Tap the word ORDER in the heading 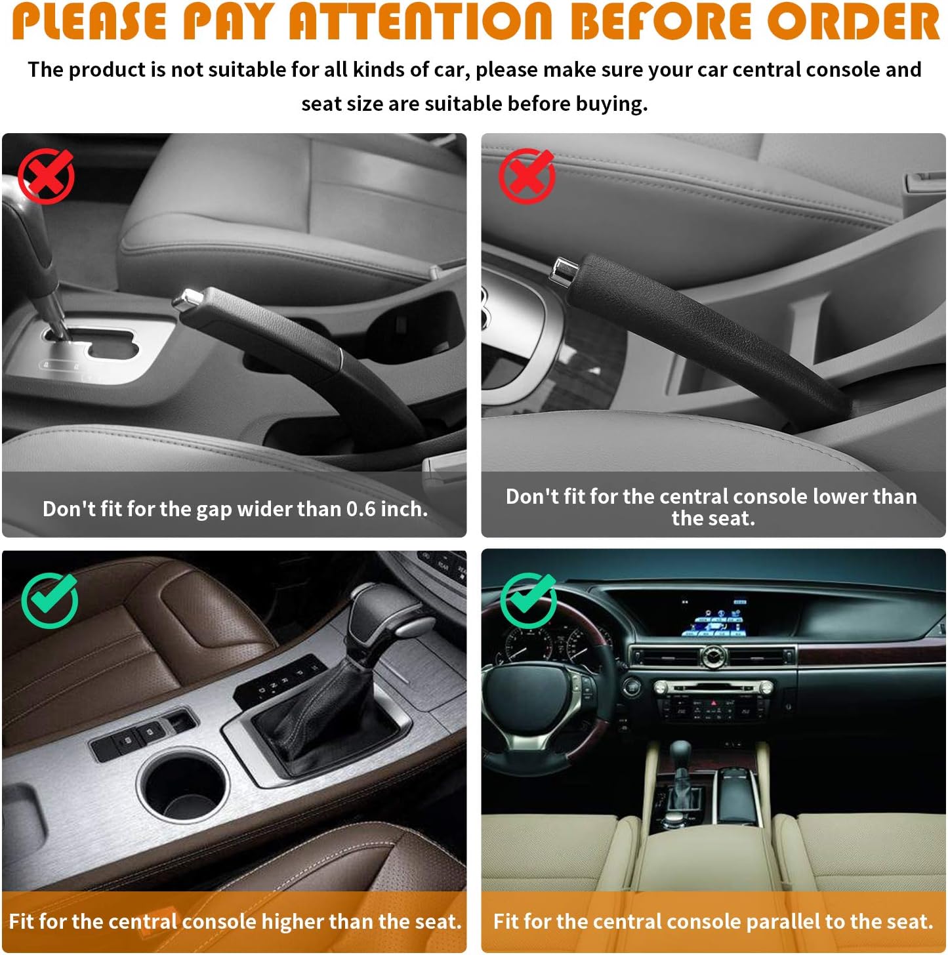(x=854, y=21)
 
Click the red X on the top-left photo (x=46, y=175)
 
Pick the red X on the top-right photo (x=526, y=175)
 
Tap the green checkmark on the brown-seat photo (x=50, y=599)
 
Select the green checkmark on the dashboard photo (x=529, y=599)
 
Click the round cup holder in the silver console (x=184, y=787)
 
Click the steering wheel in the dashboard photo (x=538, y=695)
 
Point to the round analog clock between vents (x=712, y=655)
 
